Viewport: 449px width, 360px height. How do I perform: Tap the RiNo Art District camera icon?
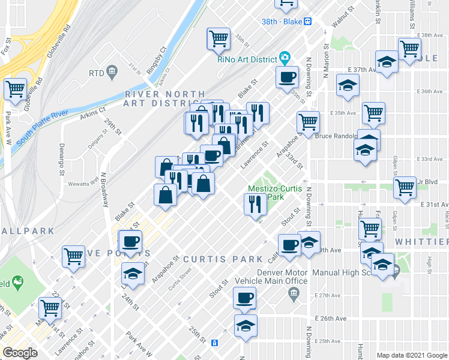pyautogui.click(x=285, y=59)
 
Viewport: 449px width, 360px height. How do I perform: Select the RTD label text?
pyautogui.click(x=96, y=73)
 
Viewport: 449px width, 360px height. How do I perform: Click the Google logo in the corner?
pyautogui.click(x=20, y=353)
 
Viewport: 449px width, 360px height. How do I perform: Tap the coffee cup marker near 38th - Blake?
pyautogui.click(x=288, y=76)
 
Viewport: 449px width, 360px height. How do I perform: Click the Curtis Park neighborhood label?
pyautogui.click(x=223, y=259)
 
